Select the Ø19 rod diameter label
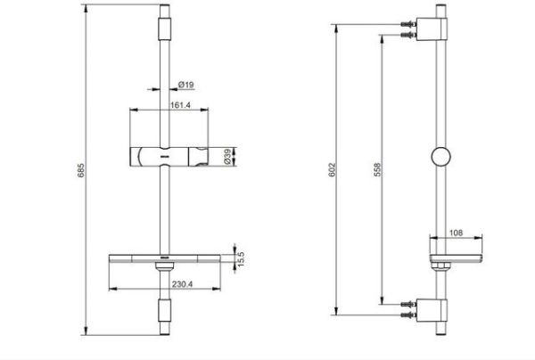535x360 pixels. [186, 85]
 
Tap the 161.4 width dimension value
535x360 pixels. [158, 103]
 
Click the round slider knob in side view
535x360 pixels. [440, 159]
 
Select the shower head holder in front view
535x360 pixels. [169, 156]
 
